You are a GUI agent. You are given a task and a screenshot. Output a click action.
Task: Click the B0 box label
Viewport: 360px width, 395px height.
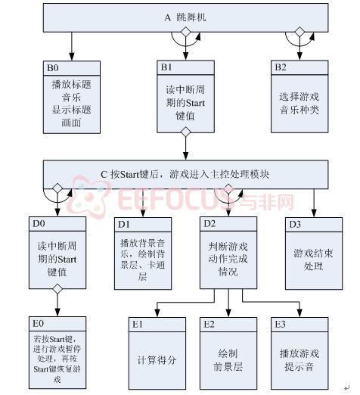click(x=53, y=68)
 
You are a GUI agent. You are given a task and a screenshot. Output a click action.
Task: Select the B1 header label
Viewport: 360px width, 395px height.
click(x=166, y=67)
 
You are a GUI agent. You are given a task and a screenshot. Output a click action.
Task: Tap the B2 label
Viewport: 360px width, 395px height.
click(x=281, y=67)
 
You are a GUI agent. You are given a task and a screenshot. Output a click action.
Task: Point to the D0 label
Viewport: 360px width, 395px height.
click(x=39, y=224)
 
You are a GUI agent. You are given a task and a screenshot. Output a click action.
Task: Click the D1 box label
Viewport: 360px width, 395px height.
click(x=124, y=225)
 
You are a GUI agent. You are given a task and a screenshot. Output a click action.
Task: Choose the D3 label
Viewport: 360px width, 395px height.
click(x=295, y=225)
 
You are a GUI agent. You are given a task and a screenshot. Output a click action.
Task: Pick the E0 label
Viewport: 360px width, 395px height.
click(x=38, y=324)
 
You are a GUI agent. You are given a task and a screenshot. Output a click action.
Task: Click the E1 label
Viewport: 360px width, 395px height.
click(x=138, y=325)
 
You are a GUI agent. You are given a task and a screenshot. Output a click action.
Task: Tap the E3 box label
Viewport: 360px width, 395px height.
click(x=280, y=325)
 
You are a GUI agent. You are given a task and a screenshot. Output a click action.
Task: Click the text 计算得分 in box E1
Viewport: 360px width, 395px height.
click(x=157, y=360)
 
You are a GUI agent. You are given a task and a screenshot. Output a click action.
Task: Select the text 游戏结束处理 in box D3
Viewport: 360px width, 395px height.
click(x=313, y=260)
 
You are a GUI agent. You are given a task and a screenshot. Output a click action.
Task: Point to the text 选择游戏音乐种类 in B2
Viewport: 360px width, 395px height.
click(x=299, y=103)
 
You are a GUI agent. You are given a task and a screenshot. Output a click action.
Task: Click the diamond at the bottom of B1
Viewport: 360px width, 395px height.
click(x=186, y=132)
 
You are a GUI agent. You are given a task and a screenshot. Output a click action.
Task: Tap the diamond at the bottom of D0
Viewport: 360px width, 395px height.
click(x=57, y=289)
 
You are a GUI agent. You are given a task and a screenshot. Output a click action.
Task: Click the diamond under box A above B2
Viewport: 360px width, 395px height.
click(x=299, y=32)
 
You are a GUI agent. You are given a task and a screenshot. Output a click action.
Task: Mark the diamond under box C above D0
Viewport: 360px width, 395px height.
click(x=57, y=188)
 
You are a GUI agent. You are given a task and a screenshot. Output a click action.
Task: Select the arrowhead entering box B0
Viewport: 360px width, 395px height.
click(x=72, y=57)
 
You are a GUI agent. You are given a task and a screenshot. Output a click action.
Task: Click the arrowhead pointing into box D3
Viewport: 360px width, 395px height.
click(x=314, y=213)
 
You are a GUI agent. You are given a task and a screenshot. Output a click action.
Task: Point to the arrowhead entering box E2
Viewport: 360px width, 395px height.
click(x=228, y=313)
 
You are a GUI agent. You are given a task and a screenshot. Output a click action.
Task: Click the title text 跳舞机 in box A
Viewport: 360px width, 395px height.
click(x=191, y=17)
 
